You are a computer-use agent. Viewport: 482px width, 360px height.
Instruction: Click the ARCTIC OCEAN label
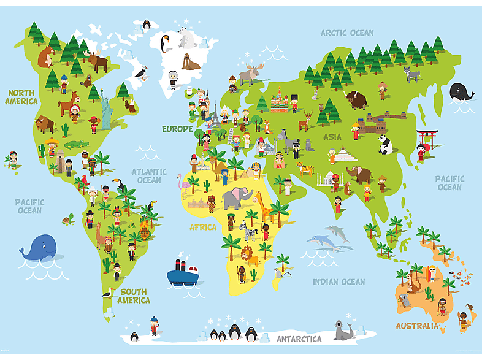pyautogui.click(x=346, y=33)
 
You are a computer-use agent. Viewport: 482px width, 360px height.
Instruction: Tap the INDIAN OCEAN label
pyautogui.click(x=339, y=282)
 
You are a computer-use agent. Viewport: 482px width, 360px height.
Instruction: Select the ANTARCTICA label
pyautogui.click(x=299, y=339)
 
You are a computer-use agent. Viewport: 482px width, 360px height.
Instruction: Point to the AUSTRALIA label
pyautogui.click(x=417, y=326)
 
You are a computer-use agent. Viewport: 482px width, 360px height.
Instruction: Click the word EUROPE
pyautogui.click(x=177, y=129)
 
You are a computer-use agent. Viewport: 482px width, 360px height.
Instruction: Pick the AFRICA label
pyautogui.click(x=203, y=227)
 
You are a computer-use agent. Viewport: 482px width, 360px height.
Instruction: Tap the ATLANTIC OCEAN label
pyautogui.click(x=149, y=176)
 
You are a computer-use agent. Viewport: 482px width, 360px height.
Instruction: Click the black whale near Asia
pyautogui.click(x=461, y=92)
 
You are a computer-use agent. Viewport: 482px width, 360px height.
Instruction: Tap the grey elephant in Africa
pyautogui.click(x=237, y=198)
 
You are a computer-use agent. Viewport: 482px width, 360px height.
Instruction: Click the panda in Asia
pyautogui.click(x=385, y=144)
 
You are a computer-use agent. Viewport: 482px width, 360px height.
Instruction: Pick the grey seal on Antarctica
pyautogui.click(x=342, y=331)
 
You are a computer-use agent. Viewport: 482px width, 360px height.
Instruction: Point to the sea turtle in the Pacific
pyautogui.click(x=66, y=219)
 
